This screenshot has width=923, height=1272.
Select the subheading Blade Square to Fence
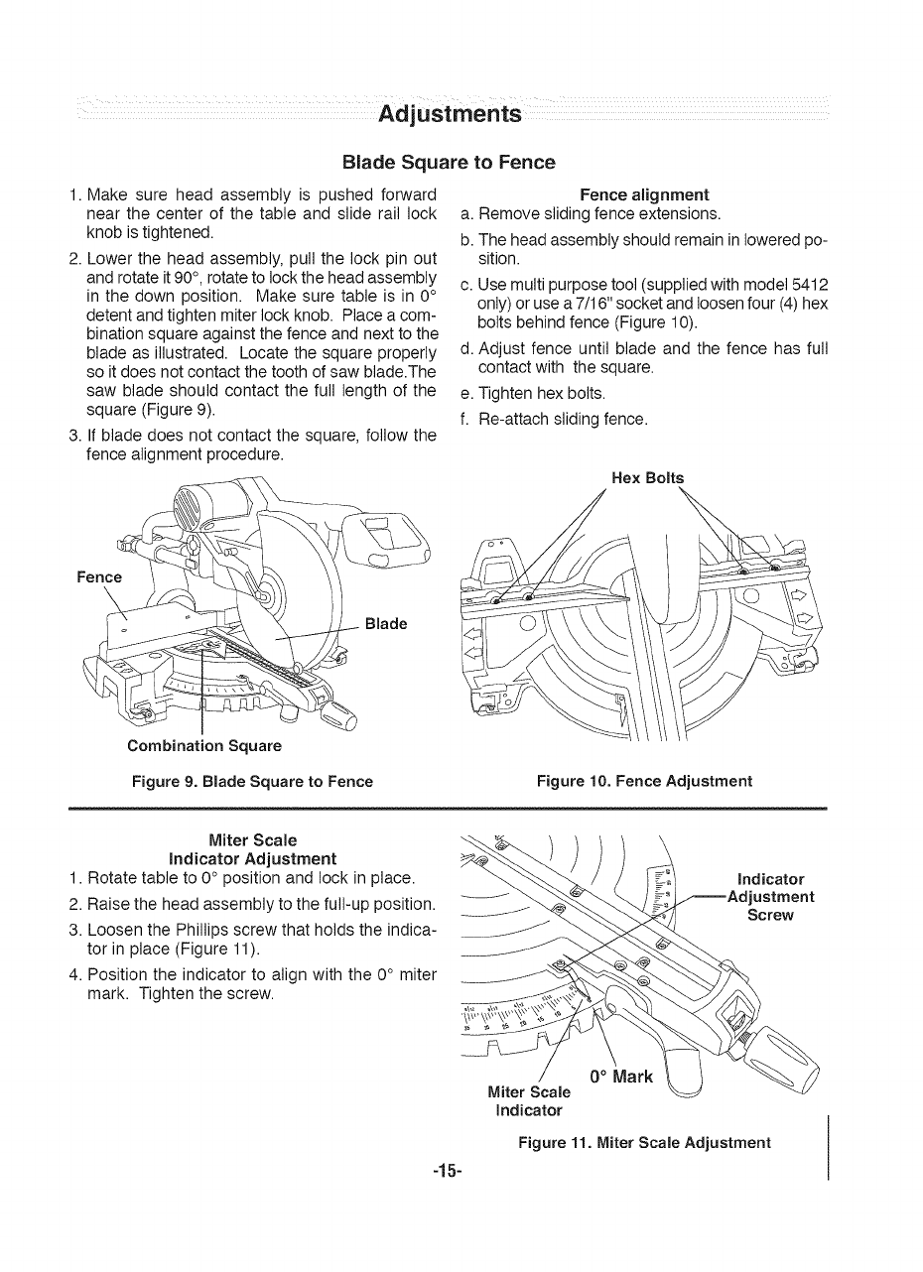pos(449,162)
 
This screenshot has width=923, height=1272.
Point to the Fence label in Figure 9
pos(99,577)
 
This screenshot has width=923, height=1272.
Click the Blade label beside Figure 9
pos(387,624)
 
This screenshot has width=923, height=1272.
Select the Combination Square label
pos(204,745)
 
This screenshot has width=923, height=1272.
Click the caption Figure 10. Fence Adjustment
pos(644,781)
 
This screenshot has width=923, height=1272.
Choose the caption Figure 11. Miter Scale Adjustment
pos(644,1142)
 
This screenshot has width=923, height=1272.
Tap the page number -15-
pos(449,1171)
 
